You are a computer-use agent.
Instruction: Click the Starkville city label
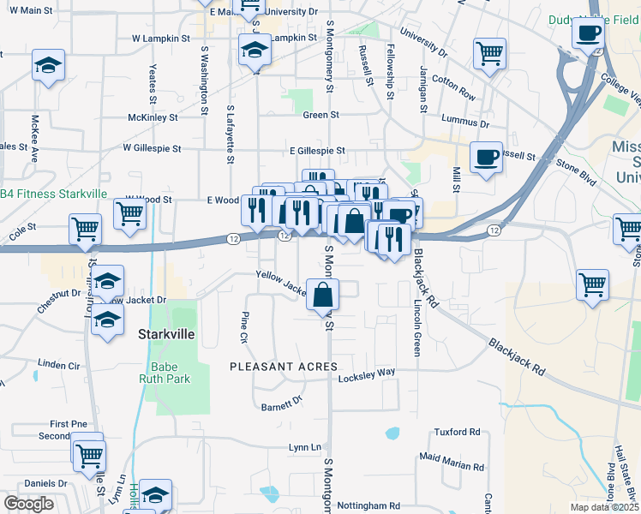164,335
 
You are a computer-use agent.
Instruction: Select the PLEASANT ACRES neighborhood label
284,367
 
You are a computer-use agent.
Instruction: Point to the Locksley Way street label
367,374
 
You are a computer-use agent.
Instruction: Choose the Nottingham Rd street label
369,506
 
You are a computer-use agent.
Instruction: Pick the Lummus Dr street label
465,123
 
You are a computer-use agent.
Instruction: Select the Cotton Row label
453,87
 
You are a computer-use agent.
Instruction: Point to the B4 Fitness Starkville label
53,194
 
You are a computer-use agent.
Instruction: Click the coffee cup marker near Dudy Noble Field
588,34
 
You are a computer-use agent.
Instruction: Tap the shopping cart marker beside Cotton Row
488,53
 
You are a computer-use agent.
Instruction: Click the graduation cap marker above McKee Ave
48,65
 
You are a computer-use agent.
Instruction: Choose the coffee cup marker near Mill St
486,158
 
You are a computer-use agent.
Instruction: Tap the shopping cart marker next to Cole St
85,230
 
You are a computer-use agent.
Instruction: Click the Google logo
28,504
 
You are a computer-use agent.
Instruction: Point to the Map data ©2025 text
605,507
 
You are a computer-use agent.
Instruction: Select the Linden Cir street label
58,365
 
